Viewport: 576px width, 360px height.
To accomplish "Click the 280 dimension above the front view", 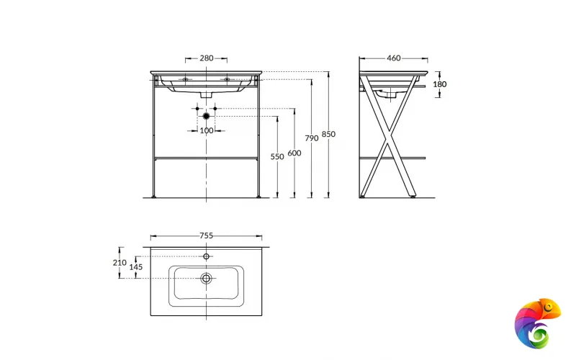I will click(206, 58).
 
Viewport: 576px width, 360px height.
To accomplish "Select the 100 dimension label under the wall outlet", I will click(206, 130).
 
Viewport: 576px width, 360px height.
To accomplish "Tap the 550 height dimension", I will click(277, 156).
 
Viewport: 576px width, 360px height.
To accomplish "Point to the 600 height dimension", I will click(294, 153).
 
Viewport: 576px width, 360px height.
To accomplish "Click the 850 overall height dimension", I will click(329, 134).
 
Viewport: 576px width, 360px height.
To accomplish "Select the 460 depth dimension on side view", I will click(393, 58).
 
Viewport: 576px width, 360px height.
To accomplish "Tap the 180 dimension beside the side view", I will click(439, 84).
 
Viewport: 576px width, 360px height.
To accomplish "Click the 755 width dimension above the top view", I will click(206, 235).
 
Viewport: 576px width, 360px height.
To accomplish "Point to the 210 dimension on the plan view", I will click(120, 263).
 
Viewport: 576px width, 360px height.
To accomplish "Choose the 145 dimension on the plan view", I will click(136, 267).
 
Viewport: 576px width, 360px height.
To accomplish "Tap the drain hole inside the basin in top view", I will click(206, 278).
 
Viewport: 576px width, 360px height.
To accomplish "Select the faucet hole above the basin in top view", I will click(206, 256).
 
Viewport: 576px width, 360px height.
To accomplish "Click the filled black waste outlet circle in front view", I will click(206, 115).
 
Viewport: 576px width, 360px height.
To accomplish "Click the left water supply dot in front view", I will click(197, 108).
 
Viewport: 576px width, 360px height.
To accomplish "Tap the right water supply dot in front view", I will click(215, 108).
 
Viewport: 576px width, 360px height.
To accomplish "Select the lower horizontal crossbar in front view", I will click(206, 157).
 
